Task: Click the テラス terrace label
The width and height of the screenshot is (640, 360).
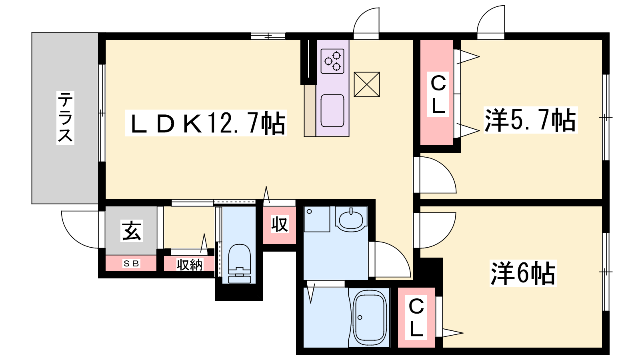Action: (65, 118)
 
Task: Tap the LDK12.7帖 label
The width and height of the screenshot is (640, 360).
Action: (206, 123)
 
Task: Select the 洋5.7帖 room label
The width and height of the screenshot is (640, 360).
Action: (530, 120)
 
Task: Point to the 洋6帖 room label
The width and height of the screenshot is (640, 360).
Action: (523, 273)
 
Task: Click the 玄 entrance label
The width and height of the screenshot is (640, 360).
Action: (132, 231)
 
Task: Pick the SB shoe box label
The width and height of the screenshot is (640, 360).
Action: (131, 263)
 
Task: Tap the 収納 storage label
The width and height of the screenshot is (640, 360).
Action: (190, 264)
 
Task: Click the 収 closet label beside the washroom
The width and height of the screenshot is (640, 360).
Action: (280, 224)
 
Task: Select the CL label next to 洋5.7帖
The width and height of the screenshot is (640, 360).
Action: (438, 94)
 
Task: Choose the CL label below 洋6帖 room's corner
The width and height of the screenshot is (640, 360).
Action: (416, 318)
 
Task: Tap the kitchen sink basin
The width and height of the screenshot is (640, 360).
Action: (332, 110)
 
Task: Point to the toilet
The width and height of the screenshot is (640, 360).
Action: (240, 264)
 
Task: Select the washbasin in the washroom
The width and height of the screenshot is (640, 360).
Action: (351, 219)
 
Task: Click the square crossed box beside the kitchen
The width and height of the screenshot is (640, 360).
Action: (367, 84)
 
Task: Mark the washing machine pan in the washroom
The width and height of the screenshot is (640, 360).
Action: (317, 219)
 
